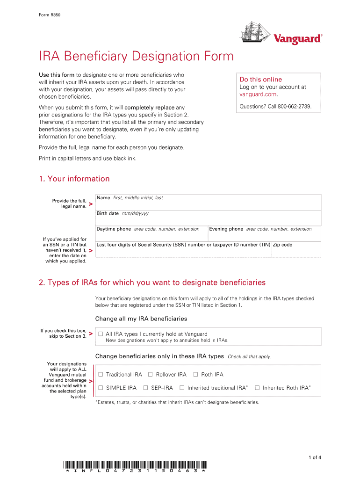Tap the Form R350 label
point(50,15)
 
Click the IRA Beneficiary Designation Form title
point(136,57)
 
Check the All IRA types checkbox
point(100,334)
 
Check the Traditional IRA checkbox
point(100,375)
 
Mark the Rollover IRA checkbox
point(150,375)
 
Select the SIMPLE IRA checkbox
point(100,388)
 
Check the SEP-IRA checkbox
point(145,388)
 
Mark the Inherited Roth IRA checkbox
point(257,388)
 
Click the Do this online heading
point(260,80)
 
